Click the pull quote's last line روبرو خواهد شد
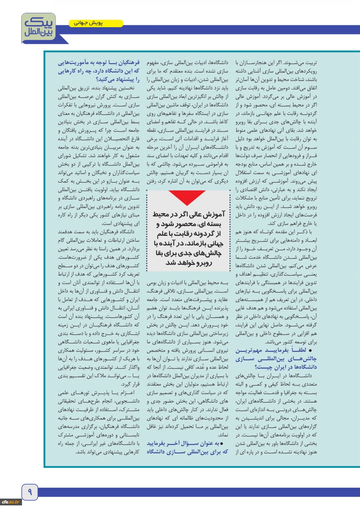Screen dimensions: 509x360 pos(188,263)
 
